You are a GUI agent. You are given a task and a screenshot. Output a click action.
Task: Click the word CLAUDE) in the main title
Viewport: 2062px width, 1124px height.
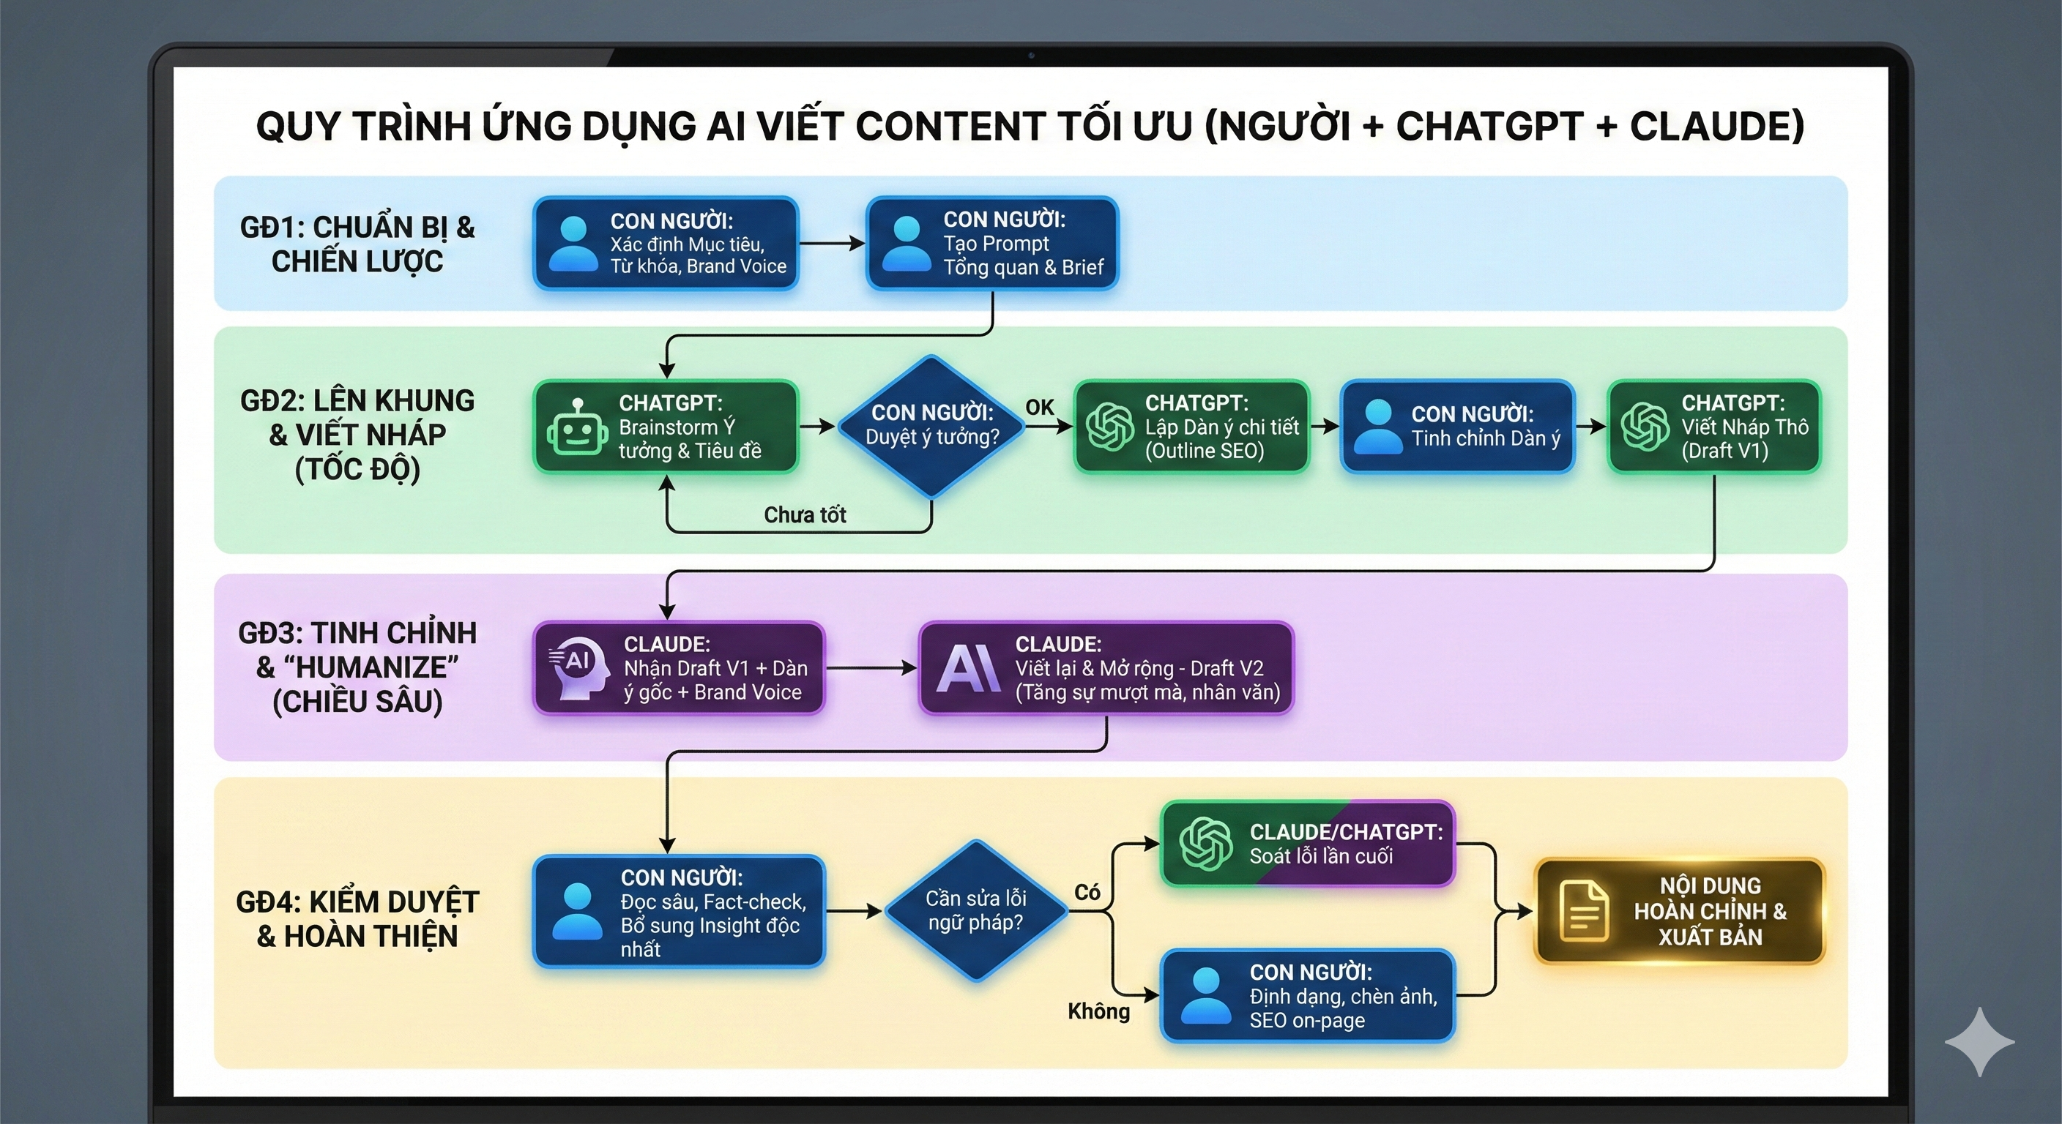1716,127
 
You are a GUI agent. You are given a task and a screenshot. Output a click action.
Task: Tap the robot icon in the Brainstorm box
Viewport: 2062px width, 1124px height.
577,428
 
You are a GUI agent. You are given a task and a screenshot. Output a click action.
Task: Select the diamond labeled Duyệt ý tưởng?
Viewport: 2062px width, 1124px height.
931,426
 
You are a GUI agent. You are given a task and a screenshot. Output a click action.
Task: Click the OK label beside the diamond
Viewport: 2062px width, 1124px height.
1039,407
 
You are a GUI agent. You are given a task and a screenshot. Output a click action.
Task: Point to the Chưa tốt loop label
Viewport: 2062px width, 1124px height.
804,514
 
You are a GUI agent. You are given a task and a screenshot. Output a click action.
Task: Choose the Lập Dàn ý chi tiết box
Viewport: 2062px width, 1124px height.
1191,427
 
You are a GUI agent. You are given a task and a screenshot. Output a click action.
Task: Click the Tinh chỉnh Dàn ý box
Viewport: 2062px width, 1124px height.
1458,427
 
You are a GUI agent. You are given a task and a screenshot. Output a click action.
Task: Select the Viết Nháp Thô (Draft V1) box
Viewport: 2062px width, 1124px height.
1713,427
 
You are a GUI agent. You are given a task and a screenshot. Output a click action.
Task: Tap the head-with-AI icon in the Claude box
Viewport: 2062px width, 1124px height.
575,668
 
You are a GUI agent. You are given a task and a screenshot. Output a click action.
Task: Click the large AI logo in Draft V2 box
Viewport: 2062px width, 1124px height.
968,668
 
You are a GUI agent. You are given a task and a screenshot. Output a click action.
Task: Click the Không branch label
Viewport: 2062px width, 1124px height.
1098,1011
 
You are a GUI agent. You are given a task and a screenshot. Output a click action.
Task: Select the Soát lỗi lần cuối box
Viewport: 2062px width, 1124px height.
1307,843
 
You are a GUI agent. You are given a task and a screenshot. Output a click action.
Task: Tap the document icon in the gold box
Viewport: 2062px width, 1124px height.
1583,911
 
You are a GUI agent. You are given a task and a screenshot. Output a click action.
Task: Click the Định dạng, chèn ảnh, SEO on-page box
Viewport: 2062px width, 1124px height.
1307,995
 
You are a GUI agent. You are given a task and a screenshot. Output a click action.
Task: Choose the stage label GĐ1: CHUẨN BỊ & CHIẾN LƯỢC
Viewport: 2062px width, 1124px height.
357,244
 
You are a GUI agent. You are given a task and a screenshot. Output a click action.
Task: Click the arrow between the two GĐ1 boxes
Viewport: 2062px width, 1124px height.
831,243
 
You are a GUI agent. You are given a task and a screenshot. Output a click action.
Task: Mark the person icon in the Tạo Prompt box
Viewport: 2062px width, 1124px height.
905,243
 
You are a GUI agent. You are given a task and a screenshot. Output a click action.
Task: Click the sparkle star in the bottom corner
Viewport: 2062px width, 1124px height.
1979,1041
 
